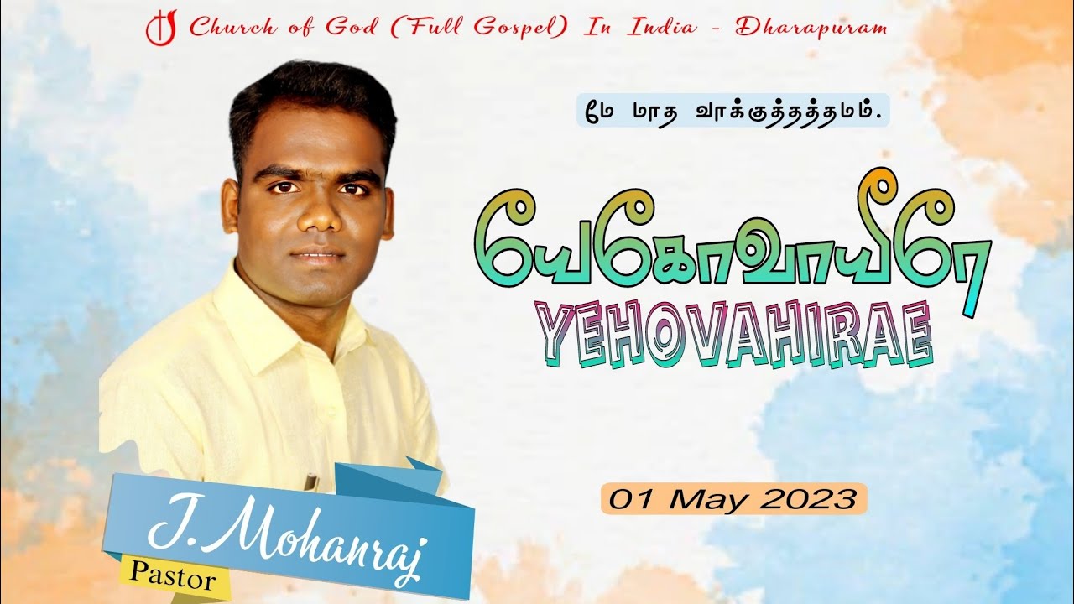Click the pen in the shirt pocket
tap(311, 482)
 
